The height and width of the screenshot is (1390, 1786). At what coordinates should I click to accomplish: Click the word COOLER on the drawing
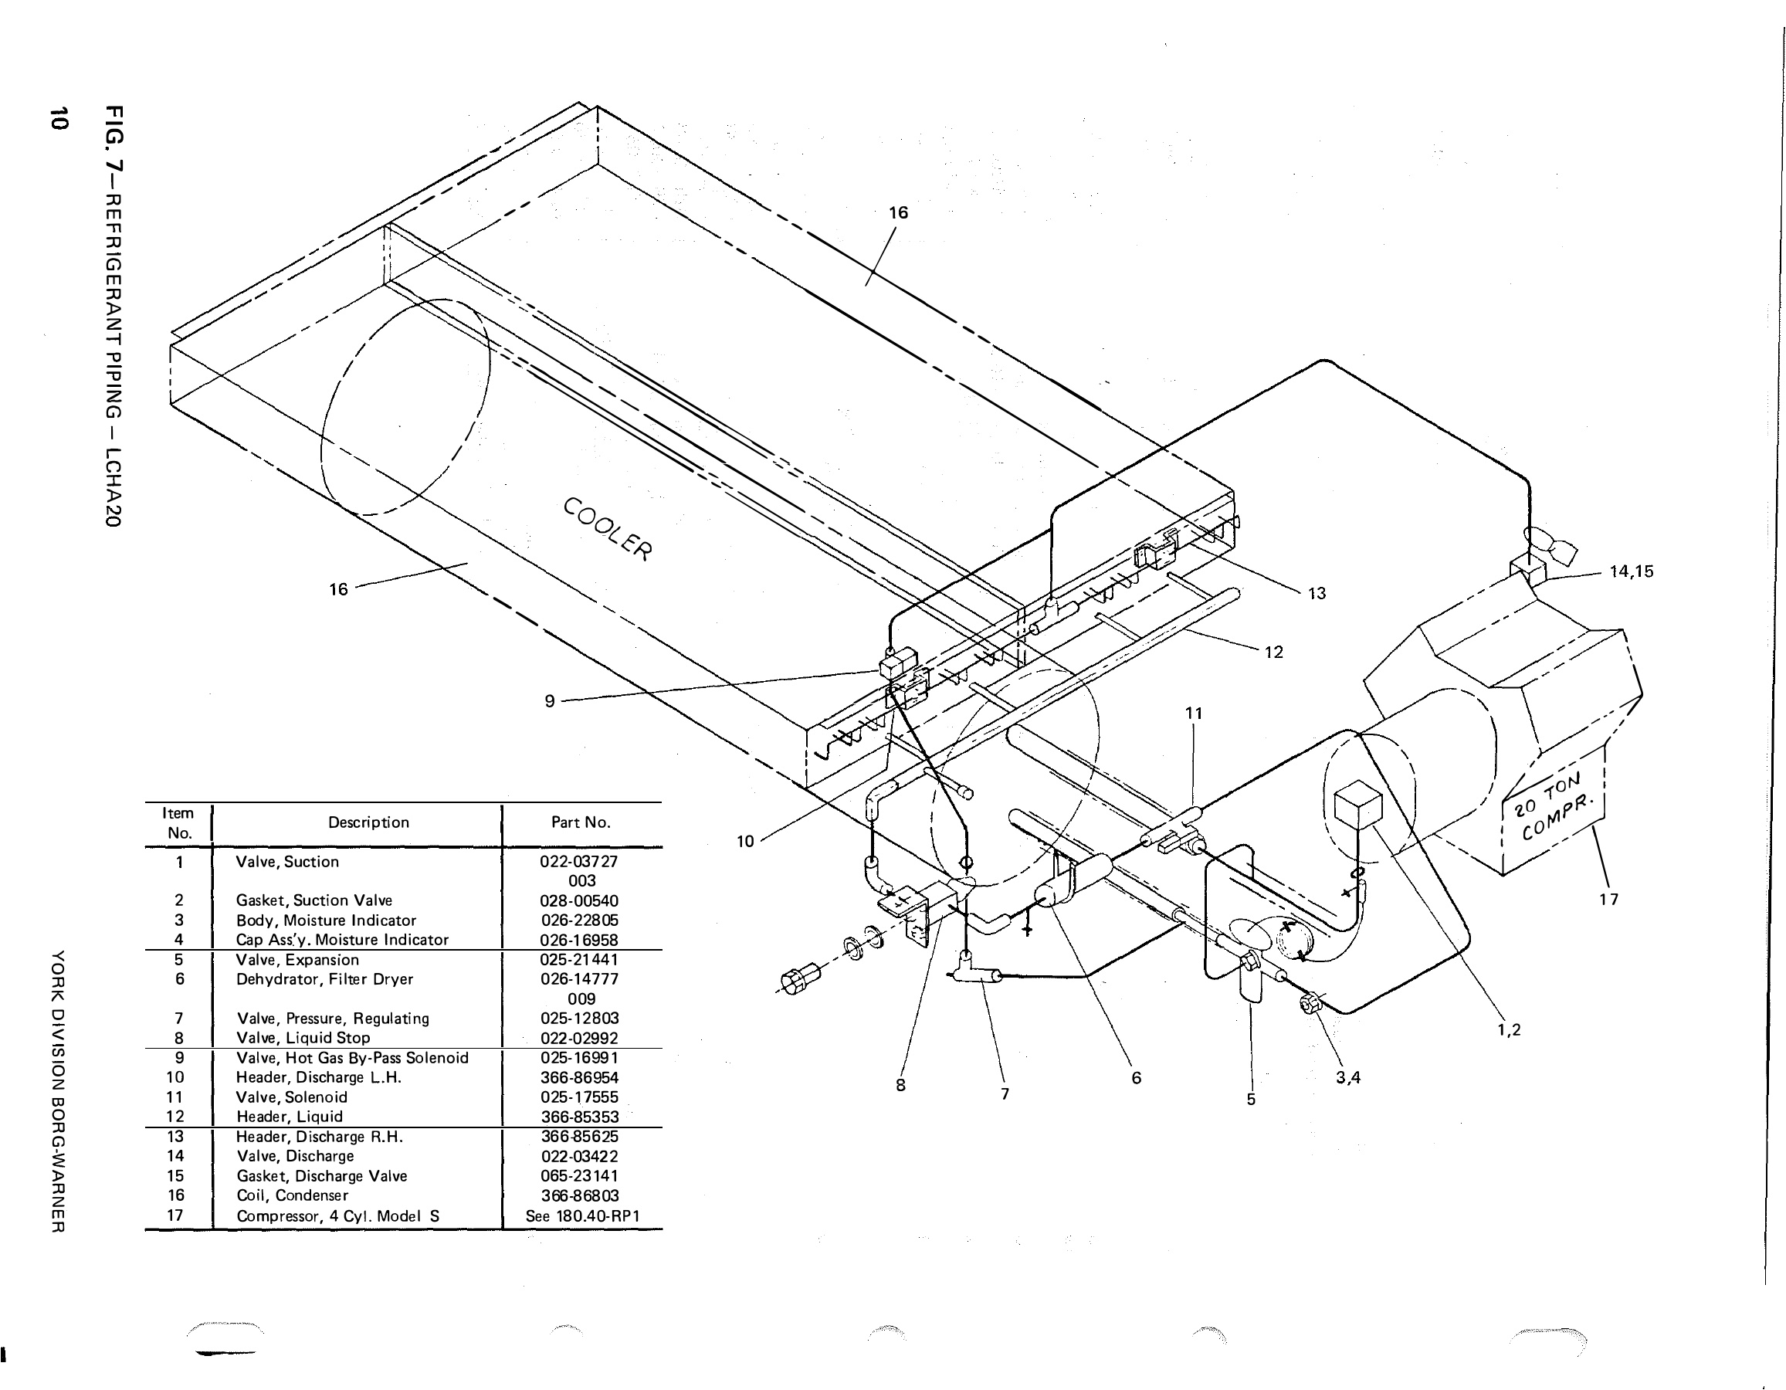coord(608,529)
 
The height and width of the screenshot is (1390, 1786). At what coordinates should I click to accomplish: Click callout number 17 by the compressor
coord(1608,900)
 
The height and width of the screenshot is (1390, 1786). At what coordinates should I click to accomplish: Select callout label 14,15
coord(1631,571)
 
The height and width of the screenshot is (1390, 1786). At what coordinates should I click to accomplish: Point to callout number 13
coord(1317,594)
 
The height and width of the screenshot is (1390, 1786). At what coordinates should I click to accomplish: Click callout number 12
coord(1273,653)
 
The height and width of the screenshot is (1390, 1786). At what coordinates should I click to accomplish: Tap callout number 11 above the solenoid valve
coord(1194,713)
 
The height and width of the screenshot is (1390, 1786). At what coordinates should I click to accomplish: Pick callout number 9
coord(550,700)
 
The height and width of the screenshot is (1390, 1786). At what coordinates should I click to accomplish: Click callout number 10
coord(745,842)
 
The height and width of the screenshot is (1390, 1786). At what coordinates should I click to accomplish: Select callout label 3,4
coord(1347,1078)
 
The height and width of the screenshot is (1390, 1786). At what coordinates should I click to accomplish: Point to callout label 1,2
coord(1509,1029)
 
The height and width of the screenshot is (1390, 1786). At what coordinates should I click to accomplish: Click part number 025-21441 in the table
coord(579,960)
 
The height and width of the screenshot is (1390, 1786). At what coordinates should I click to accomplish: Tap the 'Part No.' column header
coord(581,822)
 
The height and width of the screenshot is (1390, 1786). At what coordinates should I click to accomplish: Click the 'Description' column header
coord(368,822)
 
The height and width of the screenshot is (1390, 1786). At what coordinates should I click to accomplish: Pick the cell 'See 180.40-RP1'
coord(582,1215)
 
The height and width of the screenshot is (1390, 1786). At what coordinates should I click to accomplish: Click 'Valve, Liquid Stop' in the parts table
coord(303,1039)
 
